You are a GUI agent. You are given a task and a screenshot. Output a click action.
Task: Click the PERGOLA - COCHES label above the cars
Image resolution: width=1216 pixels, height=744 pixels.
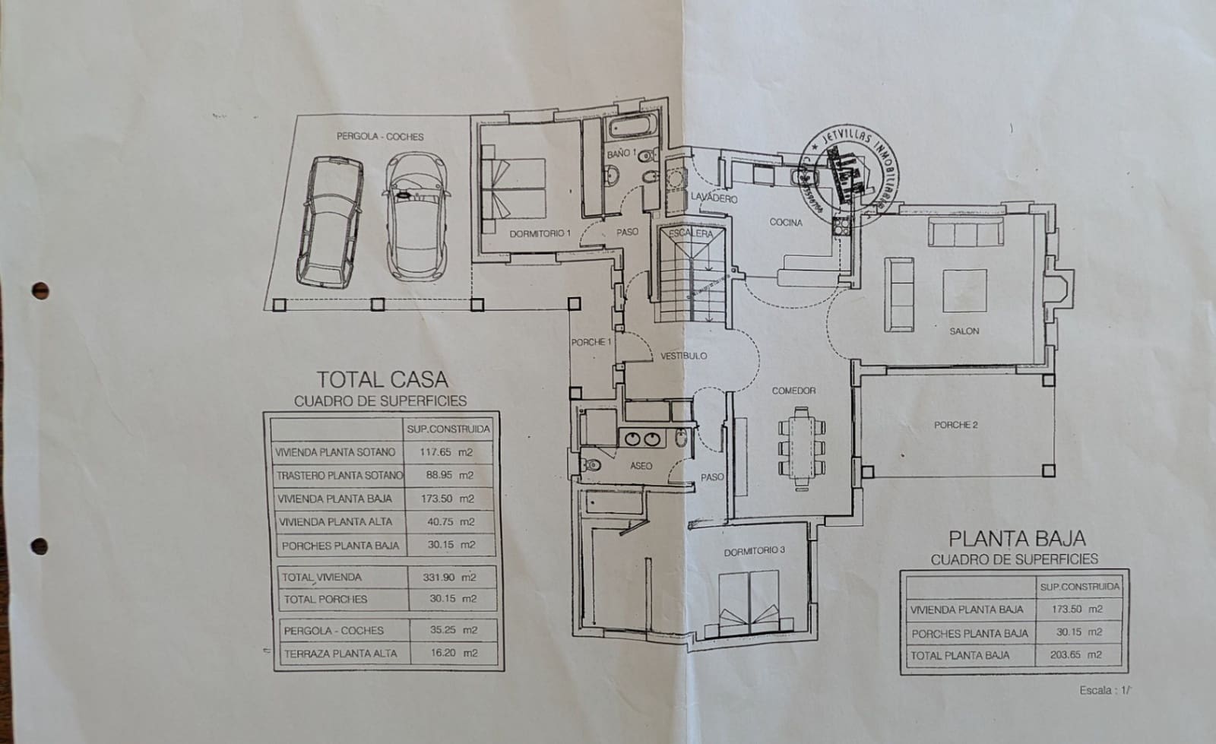(380, 137)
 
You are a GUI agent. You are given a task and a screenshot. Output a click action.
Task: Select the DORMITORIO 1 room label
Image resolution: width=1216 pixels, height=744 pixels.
(540, 233)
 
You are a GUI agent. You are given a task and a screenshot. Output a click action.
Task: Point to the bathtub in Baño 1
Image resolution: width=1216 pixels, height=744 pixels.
(632, 129)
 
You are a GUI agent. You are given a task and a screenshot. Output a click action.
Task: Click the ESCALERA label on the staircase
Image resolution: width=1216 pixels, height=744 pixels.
(691, 233)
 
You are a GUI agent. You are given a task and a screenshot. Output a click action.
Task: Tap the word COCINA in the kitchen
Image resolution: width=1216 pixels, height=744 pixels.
(785, 223)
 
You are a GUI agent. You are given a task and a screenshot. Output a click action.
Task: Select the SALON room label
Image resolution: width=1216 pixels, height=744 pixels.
(964, 331)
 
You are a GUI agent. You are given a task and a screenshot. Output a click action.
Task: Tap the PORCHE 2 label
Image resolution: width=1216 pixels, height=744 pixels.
(955, 425)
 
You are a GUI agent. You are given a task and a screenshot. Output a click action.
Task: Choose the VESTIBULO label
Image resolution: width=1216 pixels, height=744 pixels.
(683, 356)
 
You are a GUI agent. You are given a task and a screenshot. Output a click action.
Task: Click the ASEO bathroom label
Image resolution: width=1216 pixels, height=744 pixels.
(641, 466)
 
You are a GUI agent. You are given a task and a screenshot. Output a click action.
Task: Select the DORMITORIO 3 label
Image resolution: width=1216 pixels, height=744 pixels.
(754, 551)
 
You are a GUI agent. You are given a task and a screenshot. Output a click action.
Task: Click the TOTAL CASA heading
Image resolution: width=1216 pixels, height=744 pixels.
(382, 379)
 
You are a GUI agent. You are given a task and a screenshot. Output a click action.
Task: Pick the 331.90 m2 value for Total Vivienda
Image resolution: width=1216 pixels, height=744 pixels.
(449, 578)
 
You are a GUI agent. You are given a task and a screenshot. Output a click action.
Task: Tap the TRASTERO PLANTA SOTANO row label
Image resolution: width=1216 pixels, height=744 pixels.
(339, 476)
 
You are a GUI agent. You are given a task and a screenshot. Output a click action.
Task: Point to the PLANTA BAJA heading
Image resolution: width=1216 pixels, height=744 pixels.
(1017, 539)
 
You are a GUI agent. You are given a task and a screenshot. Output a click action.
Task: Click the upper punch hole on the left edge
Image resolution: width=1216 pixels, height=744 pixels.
(40, 290)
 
